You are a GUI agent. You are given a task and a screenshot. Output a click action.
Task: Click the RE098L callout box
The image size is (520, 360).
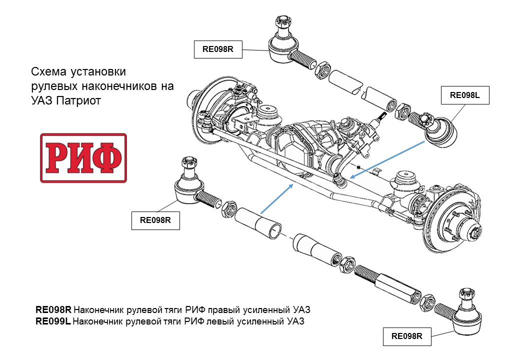(464, 95)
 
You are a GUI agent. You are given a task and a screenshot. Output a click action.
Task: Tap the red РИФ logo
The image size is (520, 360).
(83, 158)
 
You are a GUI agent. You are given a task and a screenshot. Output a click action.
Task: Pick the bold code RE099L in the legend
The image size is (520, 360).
(53, 321)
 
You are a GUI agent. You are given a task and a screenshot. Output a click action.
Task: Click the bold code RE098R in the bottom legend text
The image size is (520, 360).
(53, 309)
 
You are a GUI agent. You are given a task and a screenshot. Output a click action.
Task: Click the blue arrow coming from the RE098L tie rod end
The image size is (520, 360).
(388, 159)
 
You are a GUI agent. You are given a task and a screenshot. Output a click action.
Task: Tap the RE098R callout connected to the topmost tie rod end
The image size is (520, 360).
(218, 49)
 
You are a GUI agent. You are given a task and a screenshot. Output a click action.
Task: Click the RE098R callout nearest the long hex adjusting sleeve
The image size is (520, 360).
(406, 336)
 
